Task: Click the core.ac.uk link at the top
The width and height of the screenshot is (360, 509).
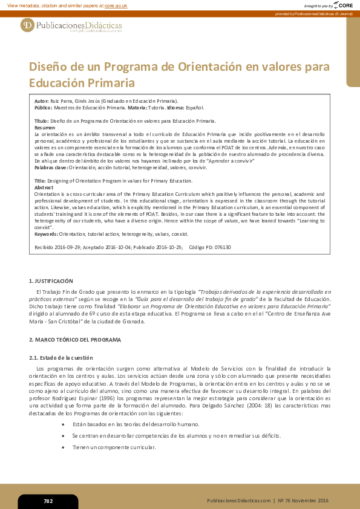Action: pyautogui.click(x=116, y=5)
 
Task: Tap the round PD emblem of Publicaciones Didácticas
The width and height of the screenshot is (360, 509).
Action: pyautogui.click(x=27, y=25)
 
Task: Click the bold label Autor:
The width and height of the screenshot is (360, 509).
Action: pyautogui.click(x=42, y=100)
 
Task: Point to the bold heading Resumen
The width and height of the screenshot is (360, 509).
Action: pyautogui.click(x=45, y=128)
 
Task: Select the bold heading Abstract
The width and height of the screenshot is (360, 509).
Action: pyautogui.click(x=44, y=187)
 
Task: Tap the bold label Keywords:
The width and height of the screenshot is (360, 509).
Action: pyautogui.click(x=47, y=233)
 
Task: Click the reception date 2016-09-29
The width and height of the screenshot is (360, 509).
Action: pyautogui.click(x=67, y=247)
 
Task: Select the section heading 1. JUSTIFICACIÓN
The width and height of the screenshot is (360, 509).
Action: pyautogui.click(x=51, y=281)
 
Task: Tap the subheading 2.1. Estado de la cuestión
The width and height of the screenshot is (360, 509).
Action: pyautogui.click(x=61, y=357)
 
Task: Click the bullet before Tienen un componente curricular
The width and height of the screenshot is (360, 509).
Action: pyautogui.click(x=64, y=447)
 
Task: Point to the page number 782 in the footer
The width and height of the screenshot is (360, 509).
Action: pyautogui.click(x=48, y=501)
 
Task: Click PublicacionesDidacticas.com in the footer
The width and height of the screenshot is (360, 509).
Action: pyautogui.click(x=238, y=501)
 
